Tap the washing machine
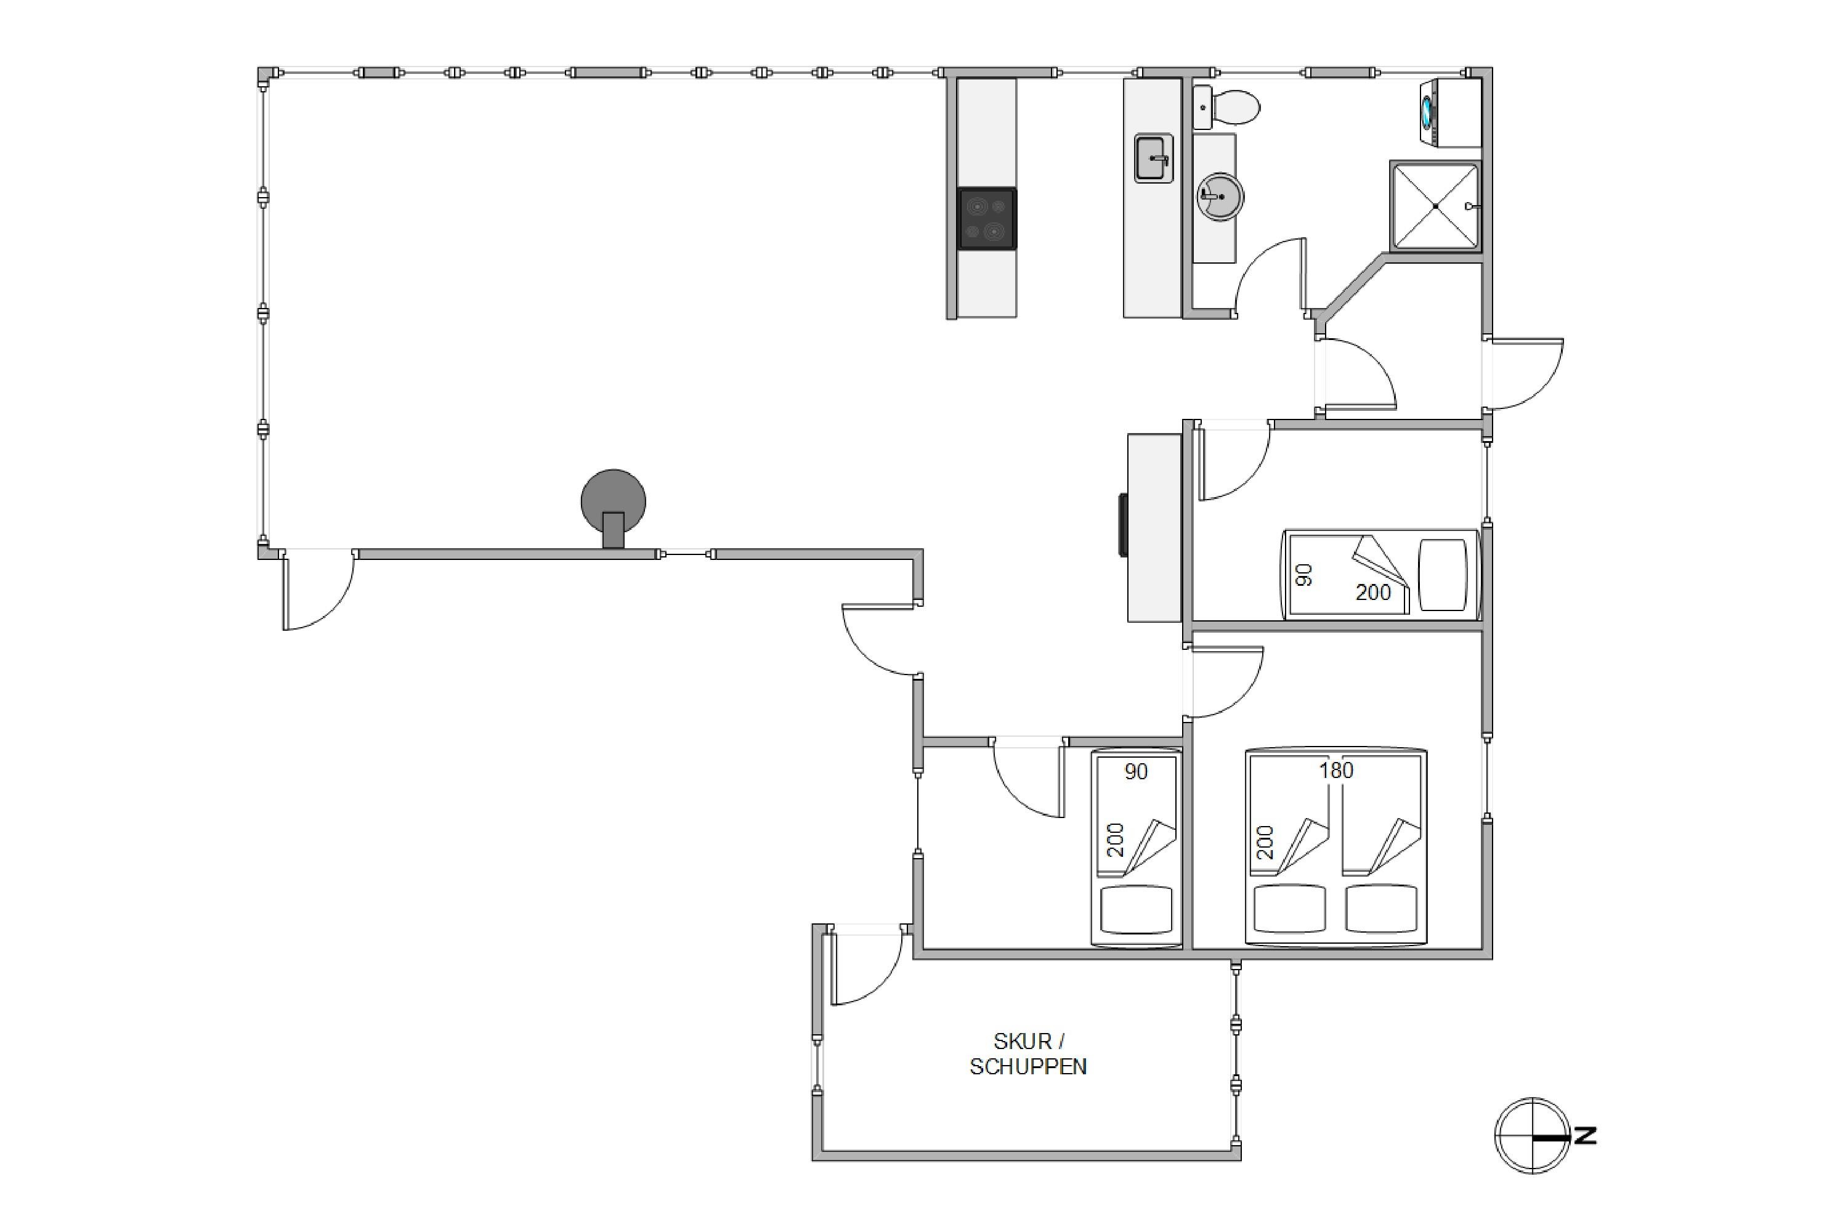tap(1451, 112)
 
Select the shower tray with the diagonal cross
tap(1435, 206)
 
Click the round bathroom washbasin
tap(1220, 197)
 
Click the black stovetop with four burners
tap(987, 219)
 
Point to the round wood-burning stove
tap(613, 508)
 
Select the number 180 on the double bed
tap(1335, 771)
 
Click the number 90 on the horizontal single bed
tap(1303, 575)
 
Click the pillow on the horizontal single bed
tap(1443, 574)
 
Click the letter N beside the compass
tap(1586, 1135)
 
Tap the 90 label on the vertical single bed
tap(1136, 772)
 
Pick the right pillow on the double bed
tap(1381, 908)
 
